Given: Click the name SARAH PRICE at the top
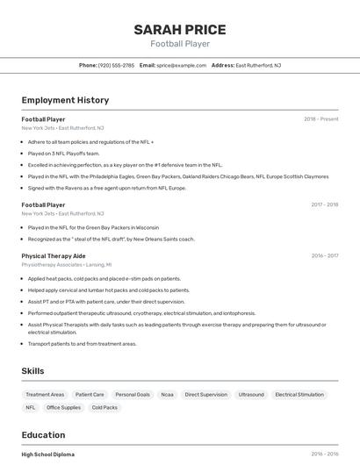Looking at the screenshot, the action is (179, 30).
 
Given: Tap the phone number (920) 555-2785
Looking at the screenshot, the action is (117, 65).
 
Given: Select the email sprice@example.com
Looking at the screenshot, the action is (182, 65).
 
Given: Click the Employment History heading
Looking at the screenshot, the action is (65, 100).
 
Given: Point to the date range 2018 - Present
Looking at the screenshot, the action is (320, 119).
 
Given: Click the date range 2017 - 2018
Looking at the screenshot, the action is (324, 204).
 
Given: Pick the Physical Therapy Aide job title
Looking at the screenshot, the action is (54, 255).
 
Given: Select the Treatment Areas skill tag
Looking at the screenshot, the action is (45, 395).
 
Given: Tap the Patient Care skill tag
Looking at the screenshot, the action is (90, 395).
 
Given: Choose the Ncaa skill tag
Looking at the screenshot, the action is (167, 395).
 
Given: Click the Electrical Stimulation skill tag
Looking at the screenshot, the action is (299, 395).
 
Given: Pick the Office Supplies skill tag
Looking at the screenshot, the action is (63, 407).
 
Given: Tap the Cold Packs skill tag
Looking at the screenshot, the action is (104, 407).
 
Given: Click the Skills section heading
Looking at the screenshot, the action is (32, 371).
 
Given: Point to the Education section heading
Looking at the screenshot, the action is (43, 435).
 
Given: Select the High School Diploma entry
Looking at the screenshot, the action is (48, 454).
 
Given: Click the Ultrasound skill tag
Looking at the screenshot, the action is (251, 395).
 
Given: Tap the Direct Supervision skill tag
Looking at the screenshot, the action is (206, 395).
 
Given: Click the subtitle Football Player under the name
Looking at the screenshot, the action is (179, 44).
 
